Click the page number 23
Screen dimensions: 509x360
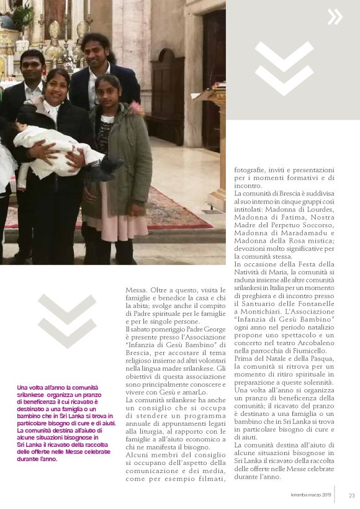351,495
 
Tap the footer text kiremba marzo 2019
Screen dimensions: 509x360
312,495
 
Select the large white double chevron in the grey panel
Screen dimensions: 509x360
284,68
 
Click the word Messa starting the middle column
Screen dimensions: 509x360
136,289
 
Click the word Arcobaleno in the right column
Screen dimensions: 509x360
314,342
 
